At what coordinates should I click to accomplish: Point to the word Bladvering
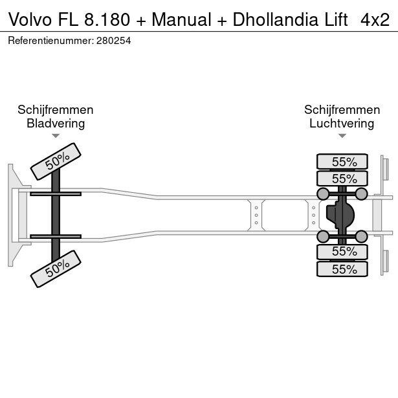click(x=56, y=124)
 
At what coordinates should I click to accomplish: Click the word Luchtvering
click(x=342, y=124)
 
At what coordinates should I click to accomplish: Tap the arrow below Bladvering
click(x=56, y=136)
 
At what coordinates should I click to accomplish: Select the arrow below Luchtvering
click(x=342, y=136)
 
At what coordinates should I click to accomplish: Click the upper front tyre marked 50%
click(x=56, y=161)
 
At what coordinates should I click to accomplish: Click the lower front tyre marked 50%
click(x=56, y=269)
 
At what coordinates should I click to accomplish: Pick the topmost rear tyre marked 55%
click(x=342, y=162)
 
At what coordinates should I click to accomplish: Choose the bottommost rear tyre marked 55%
click(x=342, y=269)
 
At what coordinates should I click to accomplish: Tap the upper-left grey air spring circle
click(x=322, y=193)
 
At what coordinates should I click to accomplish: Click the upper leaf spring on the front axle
click(x=56, y=193)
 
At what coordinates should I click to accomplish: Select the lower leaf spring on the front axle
click(x=56, y=237)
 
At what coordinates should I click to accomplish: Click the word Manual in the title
click(x=180, y=19)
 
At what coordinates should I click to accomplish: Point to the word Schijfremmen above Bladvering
click(x=56, y=110)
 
